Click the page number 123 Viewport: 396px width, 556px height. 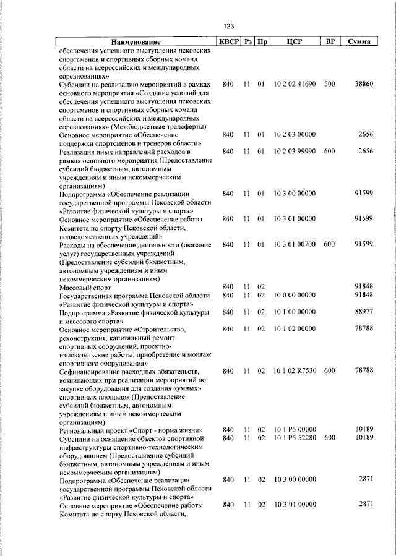[x=228, y=26]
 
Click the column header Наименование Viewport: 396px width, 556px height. [x=136, y=42]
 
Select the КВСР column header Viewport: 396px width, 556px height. [x=228, y=42]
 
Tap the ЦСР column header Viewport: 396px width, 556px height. [x=295, y=42]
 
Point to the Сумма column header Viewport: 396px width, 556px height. [x=359, y=42]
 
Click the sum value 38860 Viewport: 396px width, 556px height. [x=363, y=83]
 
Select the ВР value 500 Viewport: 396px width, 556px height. [x=329, y=83]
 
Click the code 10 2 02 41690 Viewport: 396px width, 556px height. [x=295, y=83]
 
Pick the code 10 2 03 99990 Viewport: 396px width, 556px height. [x=295, y=152]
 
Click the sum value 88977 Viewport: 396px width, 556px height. [x=363, y=312]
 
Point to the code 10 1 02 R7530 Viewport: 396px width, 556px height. [x=295, y=370]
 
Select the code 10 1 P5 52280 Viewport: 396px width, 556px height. [x=295, y=438]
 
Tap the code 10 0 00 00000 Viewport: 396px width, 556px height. [x=295, y=296]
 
